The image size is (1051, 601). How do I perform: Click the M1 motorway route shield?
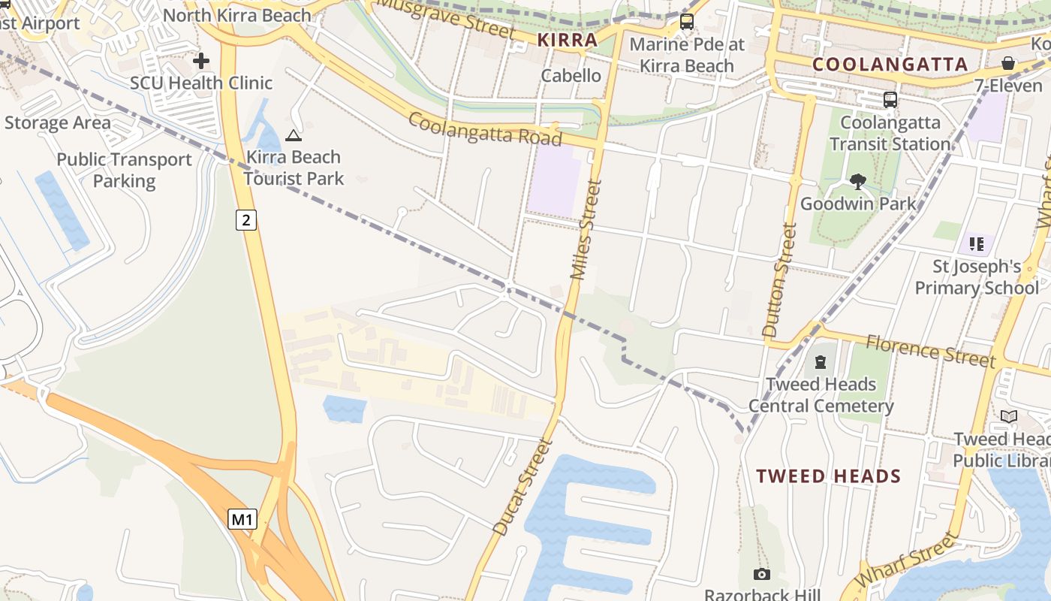pyautogui.click(x=242, y=519)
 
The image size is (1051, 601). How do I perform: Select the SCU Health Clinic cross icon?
pyautogui.click(x=201, y=61)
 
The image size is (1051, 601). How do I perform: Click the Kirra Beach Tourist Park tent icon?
pyautogui.click(x=293, y=136)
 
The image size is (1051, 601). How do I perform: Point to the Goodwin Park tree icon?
pyautogui.click(x=858, y=181)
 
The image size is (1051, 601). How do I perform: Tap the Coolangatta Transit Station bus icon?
pyautogui.click(x=890, y=99)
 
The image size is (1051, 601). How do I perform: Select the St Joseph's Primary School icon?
pyautogui.click(x=976, y=243)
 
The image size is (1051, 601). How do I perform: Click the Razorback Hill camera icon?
pyautogui.click(x=762, y=575)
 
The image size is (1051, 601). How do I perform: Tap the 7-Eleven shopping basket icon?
pyautogui.click(x=1008, y=63)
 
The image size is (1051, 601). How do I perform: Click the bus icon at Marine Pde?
pyautogui.click(x=687, y=22)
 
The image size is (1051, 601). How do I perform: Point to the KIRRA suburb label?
pyautogui.click(x=568, y=41)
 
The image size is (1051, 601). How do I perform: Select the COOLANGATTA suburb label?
pyautogui.click(x=890, y=65)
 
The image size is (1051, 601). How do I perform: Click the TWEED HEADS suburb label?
pyautogui.click(x=828, y=476)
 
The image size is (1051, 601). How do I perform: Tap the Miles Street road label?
pyautogui.click(x=586, y=230)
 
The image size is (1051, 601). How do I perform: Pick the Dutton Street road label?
pyautogui.click(x=778, y=279)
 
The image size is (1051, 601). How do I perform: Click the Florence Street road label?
pyautogui.click(x=930, y=352)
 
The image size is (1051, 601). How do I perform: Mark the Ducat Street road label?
pyautogui.click(x=522, y=487)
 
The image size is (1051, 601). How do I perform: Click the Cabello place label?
pyautogui.click(x=571, y=75)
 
